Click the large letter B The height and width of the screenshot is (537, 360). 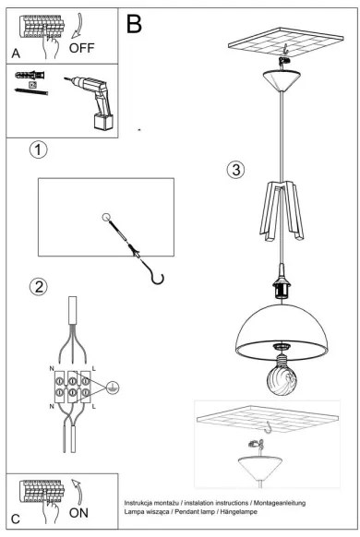click(x=135, y=23)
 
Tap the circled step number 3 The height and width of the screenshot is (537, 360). click(x=236, y=170)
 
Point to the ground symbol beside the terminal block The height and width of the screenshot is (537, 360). click(x=113, y=388)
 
